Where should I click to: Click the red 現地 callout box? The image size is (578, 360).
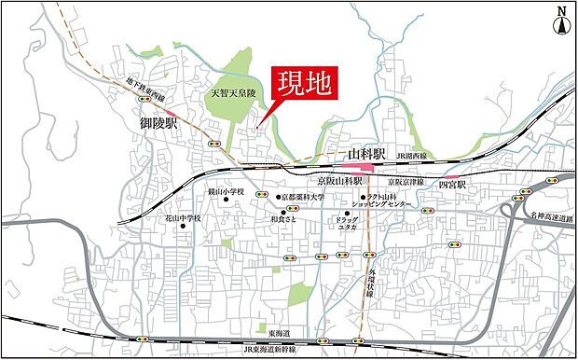point(303,83)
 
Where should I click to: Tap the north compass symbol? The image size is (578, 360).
point(561,21)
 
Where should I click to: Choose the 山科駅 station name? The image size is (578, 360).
point(367,153)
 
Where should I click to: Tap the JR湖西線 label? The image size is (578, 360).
point(410,156)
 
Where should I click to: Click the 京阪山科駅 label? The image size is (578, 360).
point(339,180)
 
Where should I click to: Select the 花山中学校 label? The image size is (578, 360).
point(184,218)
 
